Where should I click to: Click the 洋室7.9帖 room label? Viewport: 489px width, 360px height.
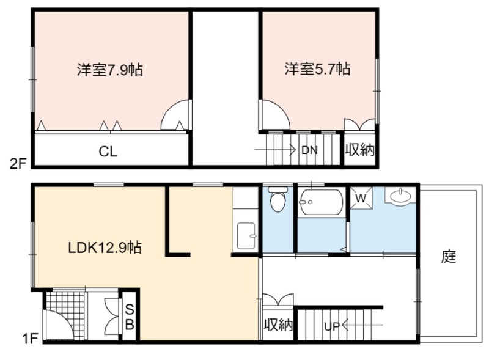point(110,70)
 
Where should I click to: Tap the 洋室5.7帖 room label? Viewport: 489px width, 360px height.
point(317,68)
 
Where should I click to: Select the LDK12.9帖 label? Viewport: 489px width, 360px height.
point(105,248)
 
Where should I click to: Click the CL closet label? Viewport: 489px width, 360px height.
point(108,152)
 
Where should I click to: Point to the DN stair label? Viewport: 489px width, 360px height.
point(309,150)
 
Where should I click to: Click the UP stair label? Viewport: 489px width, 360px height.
point(332,326)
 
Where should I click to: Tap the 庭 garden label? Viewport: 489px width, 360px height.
point(449,257)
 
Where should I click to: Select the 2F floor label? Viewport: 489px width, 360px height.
point(18,163)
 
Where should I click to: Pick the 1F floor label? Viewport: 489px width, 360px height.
point(30,339)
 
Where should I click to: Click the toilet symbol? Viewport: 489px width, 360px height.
point(278,199)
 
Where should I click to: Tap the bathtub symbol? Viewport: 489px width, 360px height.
point(322,202)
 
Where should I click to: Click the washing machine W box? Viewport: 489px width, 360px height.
point(361,198)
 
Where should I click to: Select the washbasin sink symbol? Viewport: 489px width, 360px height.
point(401,196)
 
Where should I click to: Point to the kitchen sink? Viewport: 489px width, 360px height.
point(246,236)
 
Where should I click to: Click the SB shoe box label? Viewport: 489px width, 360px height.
point(130,317)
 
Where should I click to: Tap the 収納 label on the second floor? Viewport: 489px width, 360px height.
point(359,150)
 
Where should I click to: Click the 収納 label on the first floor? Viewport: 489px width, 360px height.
point(278,325)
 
